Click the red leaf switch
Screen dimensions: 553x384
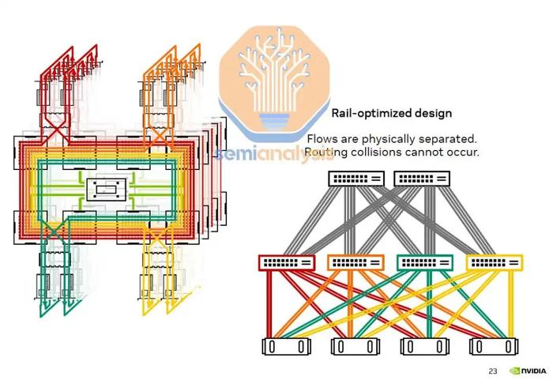pyautogui.click(x=287, y=262)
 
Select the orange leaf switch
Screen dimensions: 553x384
pyautogui.click(x=355, y=262)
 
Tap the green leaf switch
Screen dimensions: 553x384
pyautogui.click(x=425, y=262)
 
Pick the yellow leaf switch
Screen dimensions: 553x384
pyautogui.click(x=495, y=262)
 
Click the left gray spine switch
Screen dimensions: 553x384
pyautogui.click(x=356, y=179)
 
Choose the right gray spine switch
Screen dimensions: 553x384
pyautogui.click(x=422, y=179)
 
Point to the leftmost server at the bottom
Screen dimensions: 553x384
pyautogui.click(x=286, y=347)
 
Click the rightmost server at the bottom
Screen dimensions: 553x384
pyautogui.click(x=494, y=347)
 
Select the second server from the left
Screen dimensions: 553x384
pyautogui.click(x=355, y=347)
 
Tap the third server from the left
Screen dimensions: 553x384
pyautogui.click(x=425, y=347)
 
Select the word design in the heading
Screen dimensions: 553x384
pyautogui.click(x=434, y=114)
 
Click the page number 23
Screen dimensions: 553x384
pyautogui.click(x=493, y=371)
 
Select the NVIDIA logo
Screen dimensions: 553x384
pyautogui.click(x=529, y=371)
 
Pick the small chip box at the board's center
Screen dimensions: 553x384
pyautogui.click(x=106, y=190)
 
